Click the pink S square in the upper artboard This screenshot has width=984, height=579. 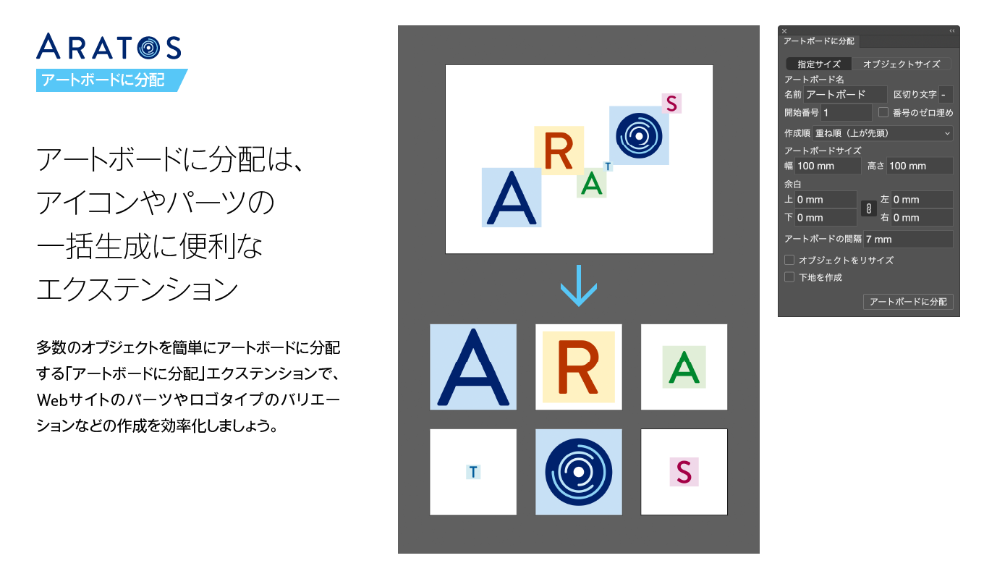coord(671,103)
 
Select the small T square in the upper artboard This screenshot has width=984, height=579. coord(608,166)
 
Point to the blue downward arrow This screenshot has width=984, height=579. coord(579,286)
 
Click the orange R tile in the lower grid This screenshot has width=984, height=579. coord(579,367)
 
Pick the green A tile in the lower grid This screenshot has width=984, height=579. coord(684,367)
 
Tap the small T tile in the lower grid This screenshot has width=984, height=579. coord(473,472)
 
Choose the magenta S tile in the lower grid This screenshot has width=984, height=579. coord(684,472)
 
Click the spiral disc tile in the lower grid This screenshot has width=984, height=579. coord(579,472)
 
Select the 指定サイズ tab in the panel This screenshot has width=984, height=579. coord(819,64)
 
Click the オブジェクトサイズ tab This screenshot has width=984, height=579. coord(902,64)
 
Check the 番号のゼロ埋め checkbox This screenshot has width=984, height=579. coord(883,112)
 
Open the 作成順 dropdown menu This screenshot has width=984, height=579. coord(883,133)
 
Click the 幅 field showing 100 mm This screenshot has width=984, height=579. coord(828,166)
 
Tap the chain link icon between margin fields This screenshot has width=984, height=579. coord(868,208)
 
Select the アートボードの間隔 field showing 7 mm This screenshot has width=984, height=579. coord(908,240)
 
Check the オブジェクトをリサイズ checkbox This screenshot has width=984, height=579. coord(789,260)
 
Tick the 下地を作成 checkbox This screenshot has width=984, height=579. coord(789,277)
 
